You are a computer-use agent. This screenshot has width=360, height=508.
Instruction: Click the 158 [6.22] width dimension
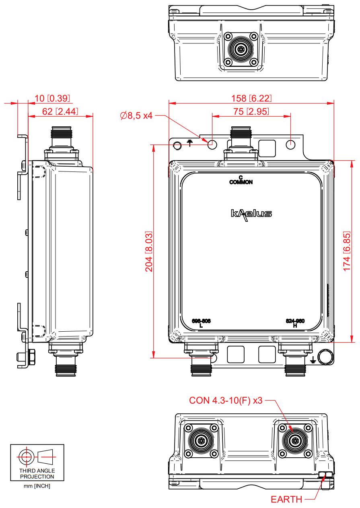click(x=251, y=98)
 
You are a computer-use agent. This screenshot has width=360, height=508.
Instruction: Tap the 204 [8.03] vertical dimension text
click(x=149, y=252)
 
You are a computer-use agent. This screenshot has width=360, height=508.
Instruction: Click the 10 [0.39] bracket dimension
click(x=52, y=98)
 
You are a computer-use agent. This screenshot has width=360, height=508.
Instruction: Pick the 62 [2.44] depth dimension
click(x=60, y=112)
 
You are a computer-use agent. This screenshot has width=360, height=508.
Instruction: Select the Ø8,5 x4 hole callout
click(x=136, y=116)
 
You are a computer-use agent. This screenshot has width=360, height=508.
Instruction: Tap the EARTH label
click(x=286, y=500)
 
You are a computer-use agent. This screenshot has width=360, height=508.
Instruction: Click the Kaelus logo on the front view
click(x=251, y=213)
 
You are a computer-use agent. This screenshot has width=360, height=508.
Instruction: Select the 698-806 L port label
click(x=201, y=323)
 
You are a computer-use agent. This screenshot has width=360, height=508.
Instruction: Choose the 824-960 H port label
click(x=295, y=323)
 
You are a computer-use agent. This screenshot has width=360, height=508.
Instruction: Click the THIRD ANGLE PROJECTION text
click(x=37, y=473)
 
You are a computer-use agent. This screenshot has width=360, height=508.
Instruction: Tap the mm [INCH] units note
click(x=37, y=486)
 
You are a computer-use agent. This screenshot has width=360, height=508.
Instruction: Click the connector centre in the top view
click(x=241, y=50)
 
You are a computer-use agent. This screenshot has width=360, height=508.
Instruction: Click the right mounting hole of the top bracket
click(x=291, y=144)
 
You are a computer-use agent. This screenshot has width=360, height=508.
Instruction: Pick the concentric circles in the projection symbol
click(x=26, y=456)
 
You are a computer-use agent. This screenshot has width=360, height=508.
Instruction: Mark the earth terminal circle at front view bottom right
click(x=324, y=356)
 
